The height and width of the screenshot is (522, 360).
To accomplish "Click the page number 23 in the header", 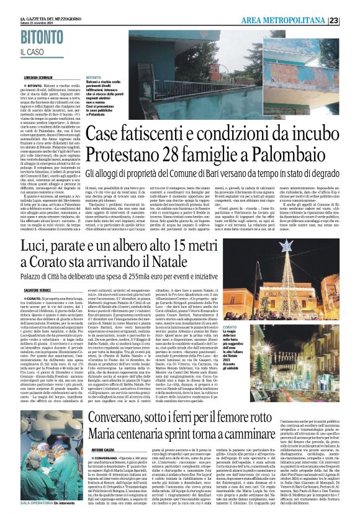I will coord(351,20).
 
